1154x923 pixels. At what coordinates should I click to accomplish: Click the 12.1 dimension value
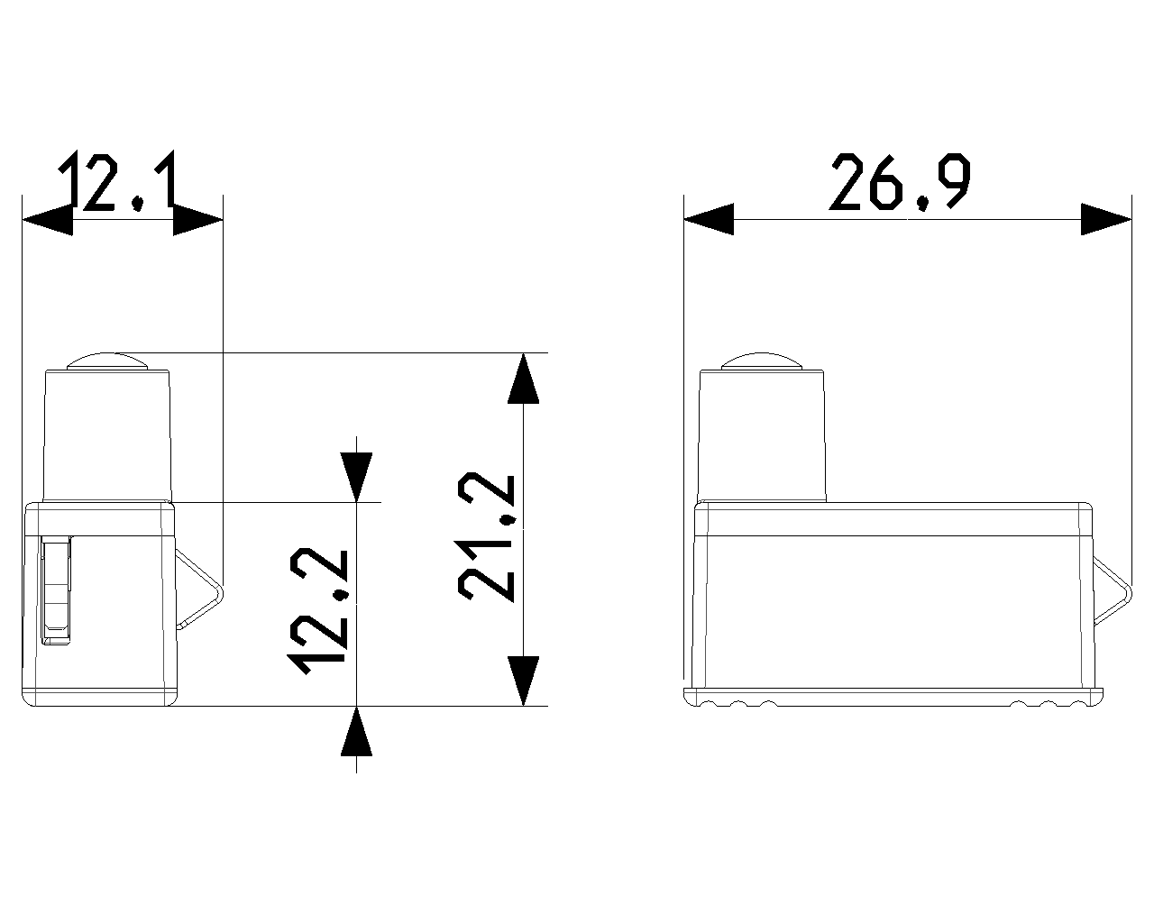coord(117,181)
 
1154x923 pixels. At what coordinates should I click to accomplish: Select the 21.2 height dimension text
coord(487,537)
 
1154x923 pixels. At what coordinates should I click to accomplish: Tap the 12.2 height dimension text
coord(319,611)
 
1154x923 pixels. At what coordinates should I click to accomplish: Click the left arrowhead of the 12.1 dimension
coord(47,219)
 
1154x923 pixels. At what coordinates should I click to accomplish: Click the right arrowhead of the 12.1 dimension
coord(197,219)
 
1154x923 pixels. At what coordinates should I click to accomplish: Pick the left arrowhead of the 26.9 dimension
coord(709,219)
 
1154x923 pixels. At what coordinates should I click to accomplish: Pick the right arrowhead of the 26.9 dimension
coord(1106,219)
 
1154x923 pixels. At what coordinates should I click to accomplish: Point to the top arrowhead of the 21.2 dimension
coord(524,378)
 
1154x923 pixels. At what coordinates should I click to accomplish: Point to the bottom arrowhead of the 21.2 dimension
coord(524,681)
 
